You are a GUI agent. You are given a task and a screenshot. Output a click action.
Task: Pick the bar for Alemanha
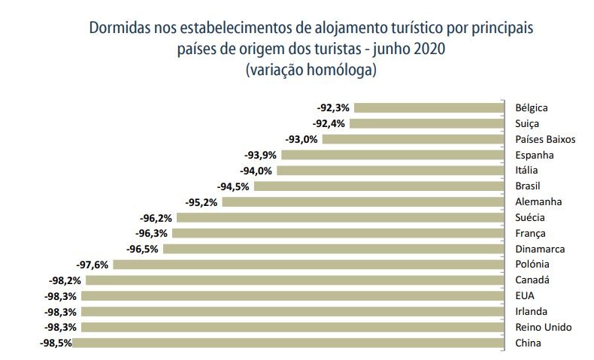pos(362,201)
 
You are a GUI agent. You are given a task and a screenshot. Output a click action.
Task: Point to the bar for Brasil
pos(378,186)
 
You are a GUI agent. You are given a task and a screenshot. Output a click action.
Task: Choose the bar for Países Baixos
pos(412,139)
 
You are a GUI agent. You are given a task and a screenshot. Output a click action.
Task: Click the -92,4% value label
pos(329,123)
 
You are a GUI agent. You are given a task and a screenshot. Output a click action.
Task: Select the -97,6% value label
pos(93,265)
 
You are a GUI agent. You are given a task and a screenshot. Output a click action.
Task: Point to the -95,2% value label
pos(202,201)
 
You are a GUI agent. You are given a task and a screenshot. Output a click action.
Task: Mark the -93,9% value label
pos(260,155)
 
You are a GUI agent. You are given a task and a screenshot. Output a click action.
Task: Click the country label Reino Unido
pos(542,327)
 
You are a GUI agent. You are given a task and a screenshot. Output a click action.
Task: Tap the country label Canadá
pos(532,280)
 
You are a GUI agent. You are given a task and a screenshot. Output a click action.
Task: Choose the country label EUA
pos(525,295)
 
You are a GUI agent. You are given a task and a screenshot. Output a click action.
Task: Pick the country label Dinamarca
pos(539,249)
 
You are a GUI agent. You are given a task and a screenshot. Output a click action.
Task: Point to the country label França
pos(530,233)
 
